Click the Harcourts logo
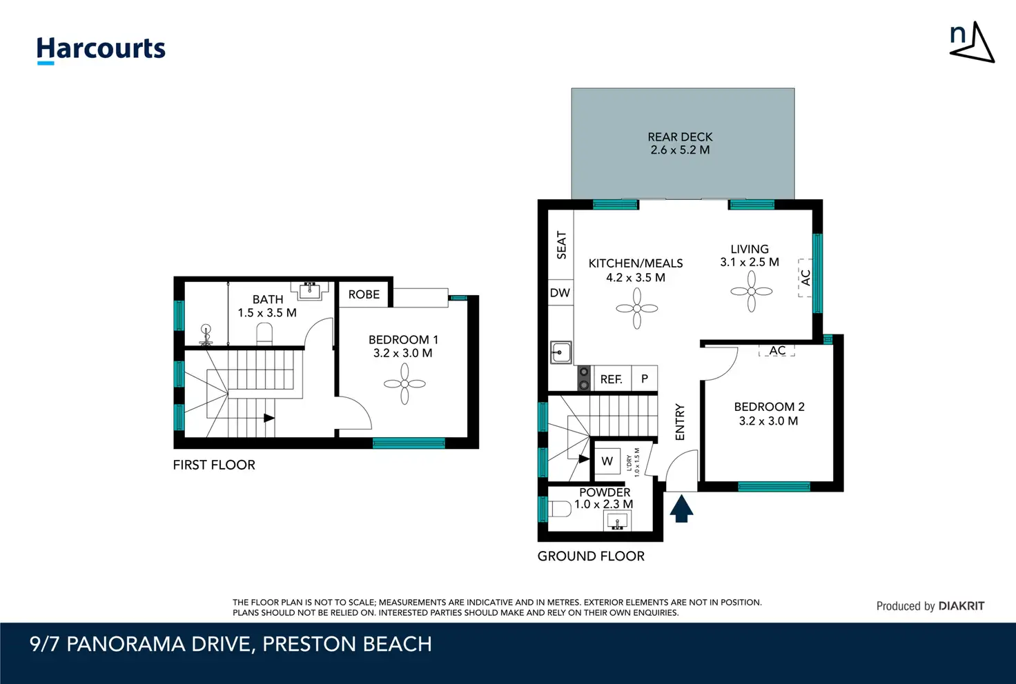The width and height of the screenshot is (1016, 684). [x=101, y=50]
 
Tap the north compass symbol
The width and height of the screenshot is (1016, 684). [x=972, y=42]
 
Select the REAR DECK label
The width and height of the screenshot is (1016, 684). [x=680, y=137]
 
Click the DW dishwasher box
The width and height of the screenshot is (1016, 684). [x=560, y=292]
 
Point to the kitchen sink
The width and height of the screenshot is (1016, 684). [x=560, y=352]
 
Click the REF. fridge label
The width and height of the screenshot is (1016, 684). [x=611, y=380]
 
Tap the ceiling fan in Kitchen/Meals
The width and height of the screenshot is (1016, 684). [x=637, y=308]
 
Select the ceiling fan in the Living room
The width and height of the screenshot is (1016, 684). [x=751, y=291]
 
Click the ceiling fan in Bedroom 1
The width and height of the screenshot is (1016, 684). [x=404, y=383]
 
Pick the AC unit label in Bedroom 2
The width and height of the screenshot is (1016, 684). [x=777, y=350]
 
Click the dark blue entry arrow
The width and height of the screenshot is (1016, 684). [x=681, y=509]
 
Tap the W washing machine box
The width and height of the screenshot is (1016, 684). [x=607, y=461]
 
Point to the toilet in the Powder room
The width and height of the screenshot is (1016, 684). [x=559, y=509]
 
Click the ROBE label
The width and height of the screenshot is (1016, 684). [x=364, y=294]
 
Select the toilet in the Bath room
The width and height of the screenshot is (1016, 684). [x=264, y=334]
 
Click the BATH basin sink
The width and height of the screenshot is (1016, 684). [x=310, y=291]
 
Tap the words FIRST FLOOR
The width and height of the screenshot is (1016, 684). [x=214, y=465]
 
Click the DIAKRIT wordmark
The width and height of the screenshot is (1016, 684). [x=961, y=606]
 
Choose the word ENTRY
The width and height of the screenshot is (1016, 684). [x=679, y=422]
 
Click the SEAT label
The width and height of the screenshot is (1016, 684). [x=561, y=245]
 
